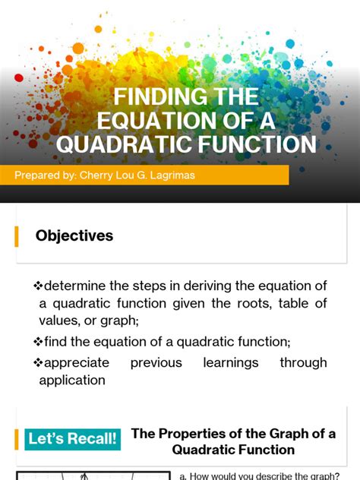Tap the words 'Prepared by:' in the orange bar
coord(43,176)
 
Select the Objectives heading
coord(74,236)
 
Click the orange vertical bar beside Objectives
coord(17,236)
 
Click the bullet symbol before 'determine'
coord(38,286)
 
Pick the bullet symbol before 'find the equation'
coord(38,342)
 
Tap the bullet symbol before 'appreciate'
coord(38,363)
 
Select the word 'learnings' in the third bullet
coord(231,363)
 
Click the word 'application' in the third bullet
coord(72,381)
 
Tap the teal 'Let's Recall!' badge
coord(73,439)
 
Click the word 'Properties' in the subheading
coord(194,434)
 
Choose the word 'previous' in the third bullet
coord(156,363)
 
